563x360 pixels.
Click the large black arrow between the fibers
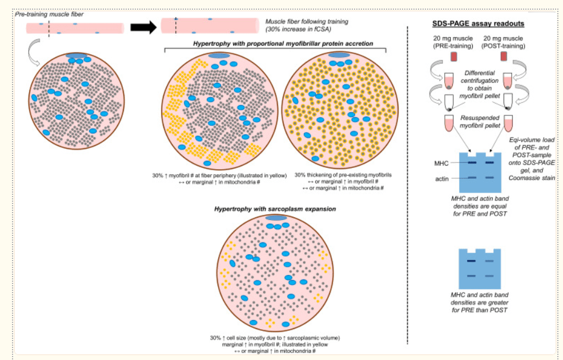coord(142,27)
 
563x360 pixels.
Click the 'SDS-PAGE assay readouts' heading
coord(477,23)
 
